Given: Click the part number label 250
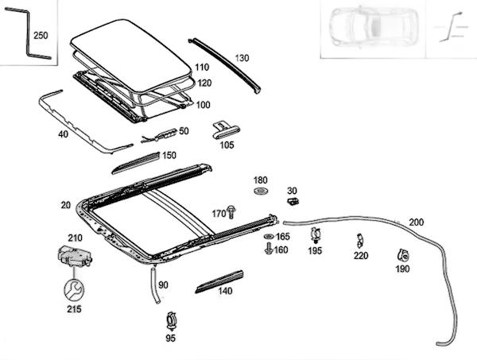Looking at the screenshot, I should (x=41, y=36).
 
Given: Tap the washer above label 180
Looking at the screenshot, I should (x=261, y=193).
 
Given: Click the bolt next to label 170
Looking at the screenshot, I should (x=231, y=213).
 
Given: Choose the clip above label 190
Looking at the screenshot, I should (x=402, y=255).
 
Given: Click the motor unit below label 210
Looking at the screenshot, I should (x=74, y=257).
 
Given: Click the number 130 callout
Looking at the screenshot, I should (x=242, y=57).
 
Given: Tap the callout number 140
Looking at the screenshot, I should (x=225, y=291).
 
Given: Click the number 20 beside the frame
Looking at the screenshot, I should (x=65, y=204).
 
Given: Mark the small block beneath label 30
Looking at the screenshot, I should (x=291, y=202).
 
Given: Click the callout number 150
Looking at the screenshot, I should (x=169, y=155).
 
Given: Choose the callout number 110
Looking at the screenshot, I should (x=202, y=68).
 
